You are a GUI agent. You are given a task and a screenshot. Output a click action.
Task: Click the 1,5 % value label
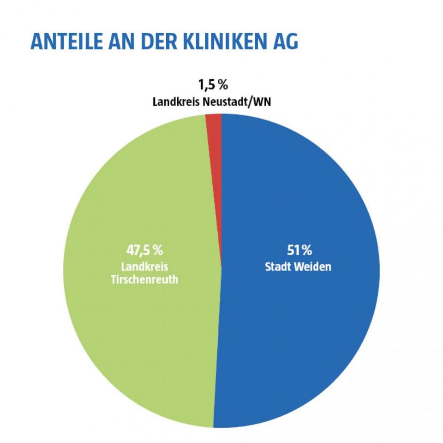click(x=212, y=85)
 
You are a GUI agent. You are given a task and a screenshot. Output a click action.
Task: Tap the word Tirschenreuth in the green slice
click(x=144, y=280)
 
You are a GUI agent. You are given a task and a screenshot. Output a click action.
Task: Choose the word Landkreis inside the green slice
click(x=144, y=267)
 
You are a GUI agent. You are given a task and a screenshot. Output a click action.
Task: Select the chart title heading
click(x=164, y=41)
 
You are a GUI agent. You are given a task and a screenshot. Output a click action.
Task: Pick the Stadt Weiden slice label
click(x=298, y=267)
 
